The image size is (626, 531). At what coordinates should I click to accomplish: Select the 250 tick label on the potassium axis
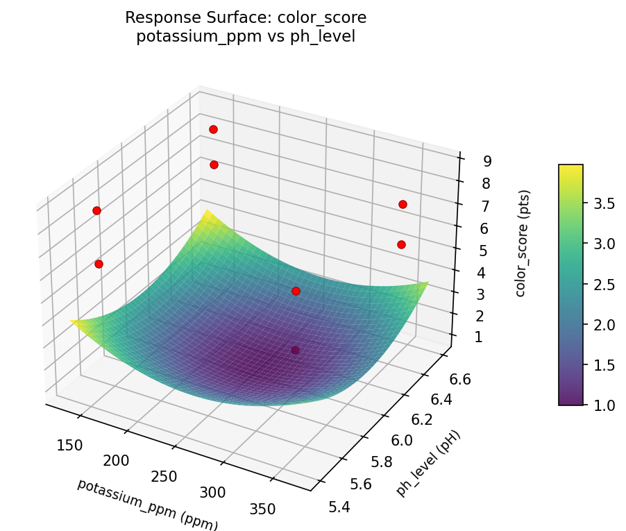(164, 476)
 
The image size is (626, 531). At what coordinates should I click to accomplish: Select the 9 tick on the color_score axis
(487, 161)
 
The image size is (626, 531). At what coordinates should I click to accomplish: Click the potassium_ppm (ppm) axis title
(147, 504)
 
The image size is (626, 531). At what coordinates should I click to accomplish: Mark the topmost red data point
(213, 129)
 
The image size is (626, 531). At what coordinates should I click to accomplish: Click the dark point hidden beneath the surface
(295, 351)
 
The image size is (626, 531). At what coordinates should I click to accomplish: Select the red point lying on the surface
(296, 291)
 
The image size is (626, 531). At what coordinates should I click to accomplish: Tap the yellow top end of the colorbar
(570, 168)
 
